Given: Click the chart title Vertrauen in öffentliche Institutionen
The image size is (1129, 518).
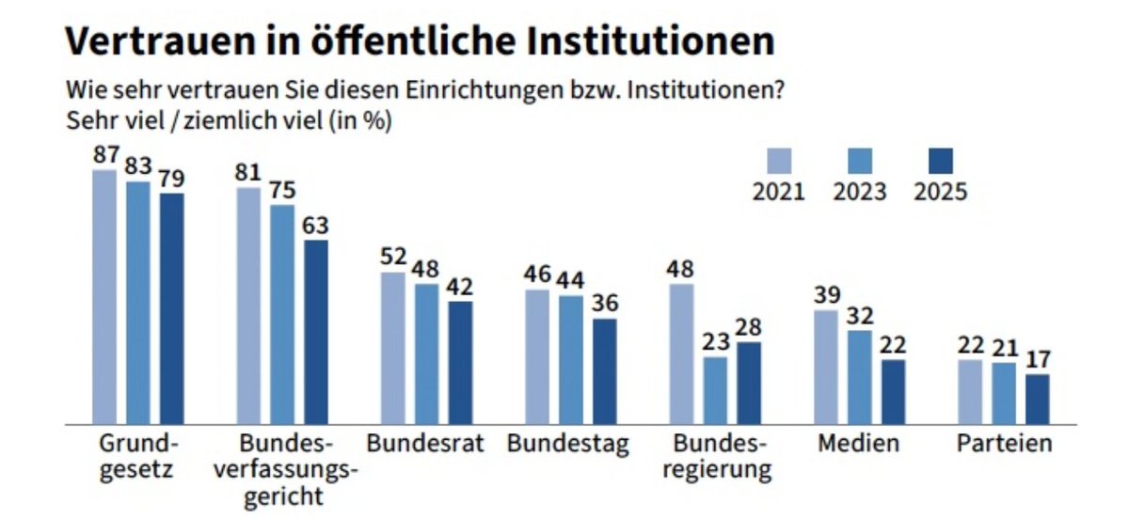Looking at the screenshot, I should [419, 41].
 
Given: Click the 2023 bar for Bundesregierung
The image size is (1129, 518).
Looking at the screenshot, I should [716, 390].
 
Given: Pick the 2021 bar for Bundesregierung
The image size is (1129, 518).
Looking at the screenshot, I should [681, 353].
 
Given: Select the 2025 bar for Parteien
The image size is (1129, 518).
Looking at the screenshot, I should [1037, 400].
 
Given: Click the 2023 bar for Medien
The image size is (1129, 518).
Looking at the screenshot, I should [859, 377].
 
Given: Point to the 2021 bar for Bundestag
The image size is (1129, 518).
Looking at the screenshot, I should [537, 356].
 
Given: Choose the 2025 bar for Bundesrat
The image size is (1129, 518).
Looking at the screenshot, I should [460, 362].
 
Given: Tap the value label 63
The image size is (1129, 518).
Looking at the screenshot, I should [316, 226].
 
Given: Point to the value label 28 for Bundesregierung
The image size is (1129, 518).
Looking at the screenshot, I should [750, 327].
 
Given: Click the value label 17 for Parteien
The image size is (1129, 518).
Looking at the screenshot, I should [1037, 360].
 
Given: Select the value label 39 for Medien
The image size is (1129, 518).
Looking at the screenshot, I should [825, 295].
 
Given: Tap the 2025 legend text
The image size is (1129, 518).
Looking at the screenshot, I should [941, 192].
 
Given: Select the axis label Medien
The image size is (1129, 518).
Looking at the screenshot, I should [858, 443].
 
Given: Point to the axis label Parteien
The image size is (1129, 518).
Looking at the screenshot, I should [1004, 443].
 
